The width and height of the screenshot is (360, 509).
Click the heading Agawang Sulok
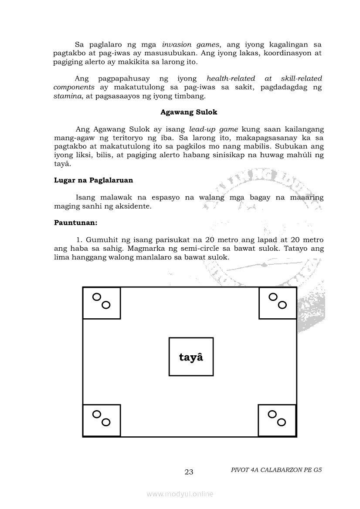pyautogui.click(x=189, y=112)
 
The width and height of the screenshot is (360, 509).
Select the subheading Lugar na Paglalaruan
pyautogui.click(x=93, y=180)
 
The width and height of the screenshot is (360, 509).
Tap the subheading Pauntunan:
pyautogui.click(x=75, y=222)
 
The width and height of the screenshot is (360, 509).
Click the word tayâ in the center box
pyautogui.click(x=191, y=357)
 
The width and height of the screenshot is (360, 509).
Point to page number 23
pyautogui.click(x=189, y=472)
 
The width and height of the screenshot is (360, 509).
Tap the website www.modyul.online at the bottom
pyautogui.click(x=180, y=494)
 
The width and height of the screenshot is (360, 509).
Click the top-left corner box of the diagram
pyautogui.click(x=102, y=303)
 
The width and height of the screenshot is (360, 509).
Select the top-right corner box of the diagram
pyautogui.click(x=278, y=303)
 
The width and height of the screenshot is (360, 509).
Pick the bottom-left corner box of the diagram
pyautogui.click(x=102, y=420)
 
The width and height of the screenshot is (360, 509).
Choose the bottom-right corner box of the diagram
pyautogui.click(x=277, y=420)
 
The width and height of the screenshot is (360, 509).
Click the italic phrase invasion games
pyautogui.click(x=191, y=44)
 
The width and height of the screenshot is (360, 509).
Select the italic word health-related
pyautogui.click(x=231, y=78)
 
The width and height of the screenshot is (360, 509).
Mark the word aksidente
pyautogui.click(x=133, y=206)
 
